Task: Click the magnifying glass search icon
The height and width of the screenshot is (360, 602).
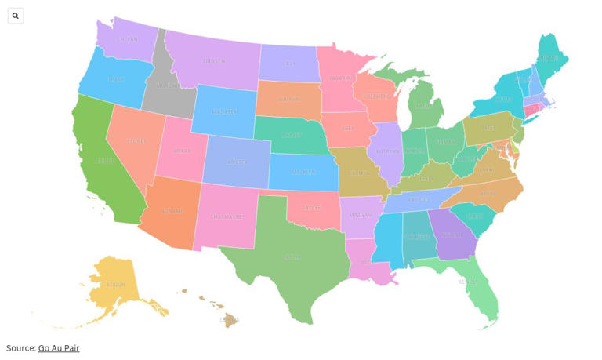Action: click(x=16, y=16)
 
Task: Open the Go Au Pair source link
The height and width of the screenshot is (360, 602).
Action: click(x=59, y=348)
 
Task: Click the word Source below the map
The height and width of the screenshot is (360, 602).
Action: click(x=20, y=348)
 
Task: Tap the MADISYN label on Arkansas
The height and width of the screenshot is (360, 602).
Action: click(x=361, y=214)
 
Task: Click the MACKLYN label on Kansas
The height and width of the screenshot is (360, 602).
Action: click(x=303, y=172)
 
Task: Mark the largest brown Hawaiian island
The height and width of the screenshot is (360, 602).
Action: click(x=230, y=320)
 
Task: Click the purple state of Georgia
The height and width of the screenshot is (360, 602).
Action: click(x=453, y=233)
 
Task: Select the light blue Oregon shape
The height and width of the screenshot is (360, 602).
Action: click(x=114, y=78)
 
